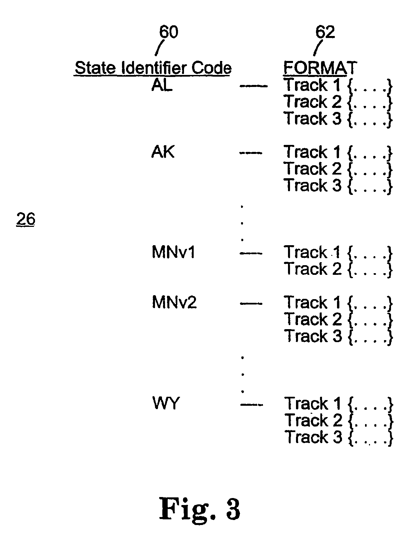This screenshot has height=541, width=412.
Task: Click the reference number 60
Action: (169, 32)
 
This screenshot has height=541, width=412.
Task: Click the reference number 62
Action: (325, 32)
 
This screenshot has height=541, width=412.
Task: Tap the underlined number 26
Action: (26, 219)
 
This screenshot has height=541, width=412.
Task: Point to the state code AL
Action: (162, 85)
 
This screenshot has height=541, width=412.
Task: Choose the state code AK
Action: (163, 152)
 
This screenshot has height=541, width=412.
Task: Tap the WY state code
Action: (165, 403)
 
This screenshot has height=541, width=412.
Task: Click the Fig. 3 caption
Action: (200, 508)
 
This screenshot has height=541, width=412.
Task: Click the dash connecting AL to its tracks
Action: (254, 86)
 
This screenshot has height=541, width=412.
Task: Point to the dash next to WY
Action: (252, 404)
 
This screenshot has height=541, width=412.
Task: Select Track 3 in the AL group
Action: (313, 118)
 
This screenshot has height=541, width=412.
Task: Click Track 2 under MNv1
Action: (313, 269)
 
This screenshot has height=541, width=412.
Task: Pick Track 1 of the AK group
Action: (312, 152)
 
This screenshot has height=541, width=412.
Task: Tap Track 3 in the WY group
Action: (314, 437)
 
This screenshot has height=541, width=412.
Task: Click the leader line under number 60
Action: (159, 48)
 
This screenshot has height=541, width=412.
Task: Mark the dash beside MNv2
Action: (251, 304)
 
